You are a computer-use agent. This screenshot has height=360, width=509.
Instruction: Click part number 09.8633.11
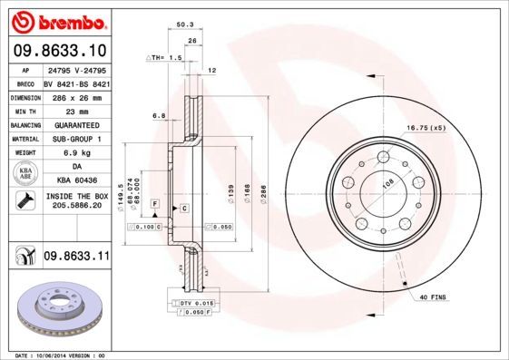pyautogui.click(x=76, y=258)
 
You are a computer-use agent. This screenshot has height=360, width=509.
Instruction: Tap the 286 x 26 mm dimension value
pyautogui.click(x=75, y=97)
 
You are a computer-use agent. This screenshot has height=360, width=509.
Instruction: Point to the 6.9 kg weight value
pyautogui.click(x=75, y=153)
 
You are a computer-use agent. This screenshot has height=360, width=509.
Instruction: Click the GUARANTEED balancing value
pyautogui.click(x=75, y=125)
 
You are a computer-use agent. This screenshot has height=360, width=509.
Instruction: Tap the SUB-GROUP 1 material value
pyautogui.click(x=75, y=139)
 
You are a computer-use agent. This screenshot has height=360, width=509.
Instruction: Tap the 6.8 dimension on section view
pyautogui.click(x=159, y=115)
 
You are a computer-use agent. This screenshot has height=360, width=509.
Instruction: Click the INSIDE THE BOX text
pyautogui.click(x=76, y=196)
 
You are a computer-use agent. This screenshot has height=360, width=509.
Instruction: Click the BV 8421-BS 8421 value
pyautogui.click(x=75, y=83)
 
